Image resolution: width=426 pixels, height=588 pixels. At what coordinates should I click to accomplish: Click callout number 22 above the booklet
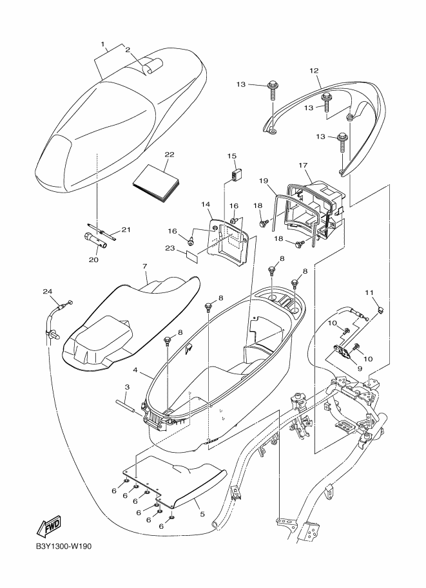coord(151,155)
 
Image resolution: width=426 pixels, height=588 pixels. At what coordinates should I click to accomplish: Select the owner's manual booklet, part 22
coord(153,182)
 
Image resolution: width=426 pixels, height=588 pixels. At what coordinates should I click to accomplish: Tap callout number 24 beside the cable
coord(47,291)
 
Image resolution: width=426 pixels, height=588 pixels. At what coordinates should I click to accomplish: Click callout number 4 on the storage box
coord(135,370)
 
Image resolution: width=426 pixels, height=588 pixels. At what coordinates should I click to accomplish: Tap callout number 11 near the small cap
coord(369,293)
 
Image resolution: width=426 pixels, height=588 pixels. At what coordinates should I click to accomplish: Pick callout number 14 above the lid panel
coord(206,205)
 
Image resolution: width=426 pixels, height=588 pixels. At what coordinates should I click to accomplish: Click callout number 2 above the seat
coord(128,50)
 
